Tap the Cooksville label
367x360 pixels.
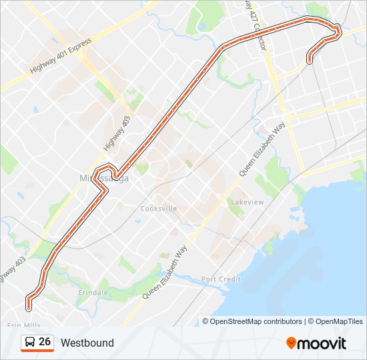tap(158, 209)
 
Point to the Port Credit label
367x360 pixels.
tap(221, 279)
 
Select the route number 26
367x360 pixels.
tap(45, 342)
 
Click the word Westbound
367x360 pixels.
tap(87, 343)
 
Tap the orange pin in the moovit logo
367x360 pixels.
tap(291, 343)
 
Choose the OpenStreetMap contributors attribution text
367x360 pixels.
tap(256, 321)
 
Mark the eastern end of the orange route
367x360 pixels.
tap(310, 61)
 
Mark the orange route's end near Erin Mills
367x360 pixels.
tap(29, 307)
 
